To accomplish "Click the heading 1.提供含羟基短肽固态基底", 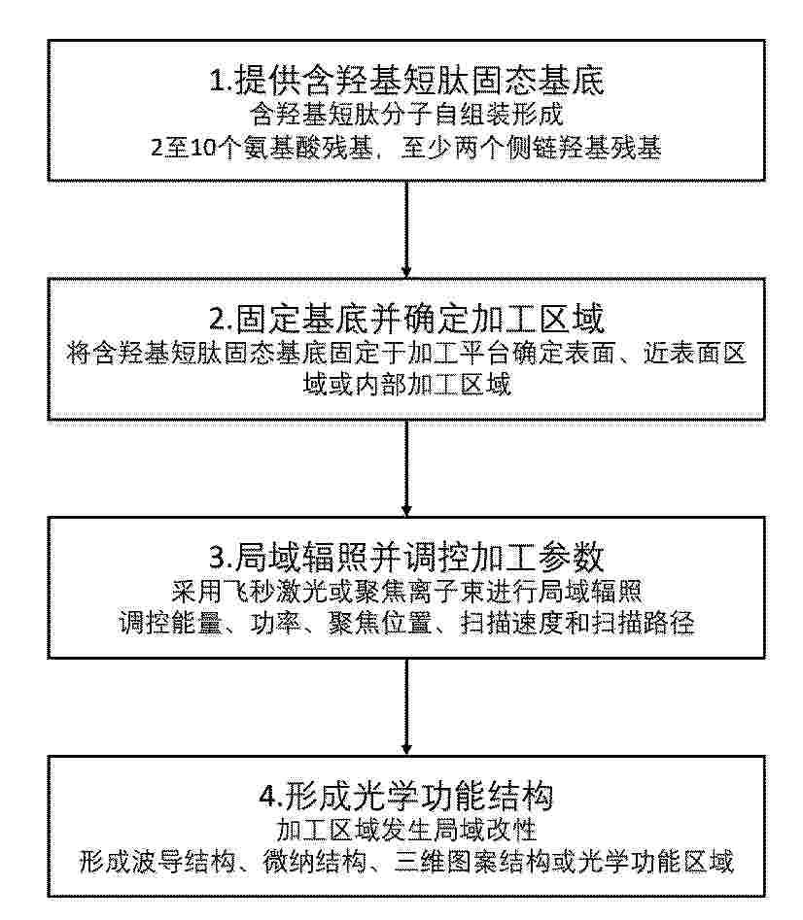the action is point(406,81).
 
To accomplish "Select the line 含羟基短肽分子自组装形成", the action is point(406,115).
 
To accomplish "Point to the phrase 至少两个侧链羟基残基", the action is point(531,148).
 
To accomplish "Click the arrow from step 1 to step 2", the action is point(406,229).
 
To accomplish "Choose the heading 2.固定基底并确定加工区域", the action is point(406,320).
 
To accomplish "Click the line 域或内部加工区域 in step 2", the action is point(406,385).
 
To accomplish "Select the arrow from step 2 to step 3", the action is point(406,467).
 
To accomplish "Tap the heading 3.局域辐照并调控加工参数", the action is point(406,558).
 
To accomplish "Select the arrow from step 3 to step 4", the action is point(406,706).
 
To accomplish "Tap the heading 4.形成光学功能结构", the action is point(406,797).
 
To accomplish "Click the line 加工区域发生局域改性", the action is point(406,830).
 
